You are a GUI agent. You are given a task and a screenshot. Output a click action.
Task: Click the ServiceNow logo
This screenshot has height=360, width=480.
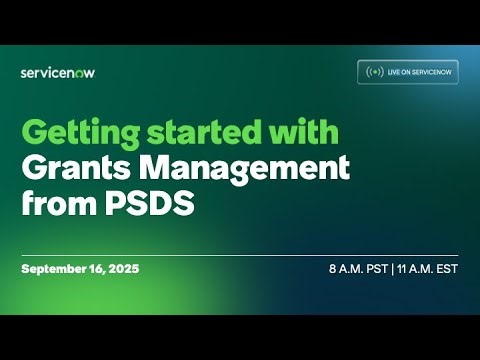point(58,72)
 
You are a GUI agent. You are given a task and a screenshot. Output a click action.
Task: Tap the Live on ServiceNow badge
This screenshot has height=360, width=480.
point(408,72)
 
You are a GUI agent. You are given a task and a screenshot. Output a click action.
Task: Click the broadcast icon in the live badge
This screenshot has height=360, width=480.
point(375,72)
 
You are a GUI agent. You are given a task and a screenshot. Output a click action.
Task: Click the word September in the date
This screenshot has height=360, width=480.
point(56,270)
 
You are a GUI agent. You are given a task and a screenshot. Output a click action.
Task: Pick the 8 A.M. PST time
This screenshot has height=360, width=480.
point(357,270)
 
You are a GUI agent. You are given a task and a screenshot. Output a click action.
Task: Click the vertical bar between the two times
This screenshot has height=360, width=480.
point(393,270)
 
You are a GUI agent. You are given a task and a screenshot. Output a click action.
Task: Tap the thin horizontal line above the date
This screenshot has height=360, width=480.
point(240,255)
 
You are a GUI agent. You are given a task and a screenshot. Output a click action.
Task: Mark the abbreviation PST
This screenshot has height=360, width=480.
point(376,270)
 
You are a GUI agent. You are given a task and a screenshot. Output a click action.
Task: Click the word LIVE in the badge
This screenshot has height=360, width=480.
point(394,72)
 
